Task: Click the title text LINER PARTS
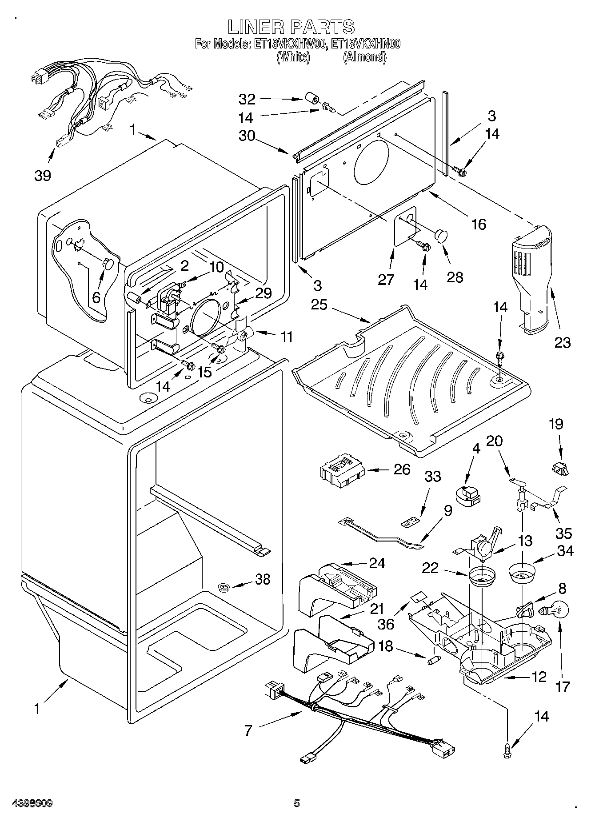coord(292,27)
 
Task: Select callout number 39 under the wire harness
coord(43,175)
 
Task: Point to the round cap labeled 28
coord(441,236)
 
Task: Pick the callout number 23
coord(563,342)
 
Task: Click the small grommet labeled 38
coord(224,589)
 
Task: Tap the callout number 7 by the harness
coord(248,730)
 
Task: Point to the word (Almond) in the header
coord(364,57)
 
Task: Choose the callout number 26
coord(402,469)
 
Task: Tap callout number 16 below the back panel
coord(478,224)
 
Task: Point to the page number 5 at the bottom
coord(297,803)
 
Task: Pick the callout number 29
coord(264,293)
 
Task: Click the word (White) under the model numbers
coord(293,57)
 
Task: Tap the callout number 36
coord(385,624)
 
